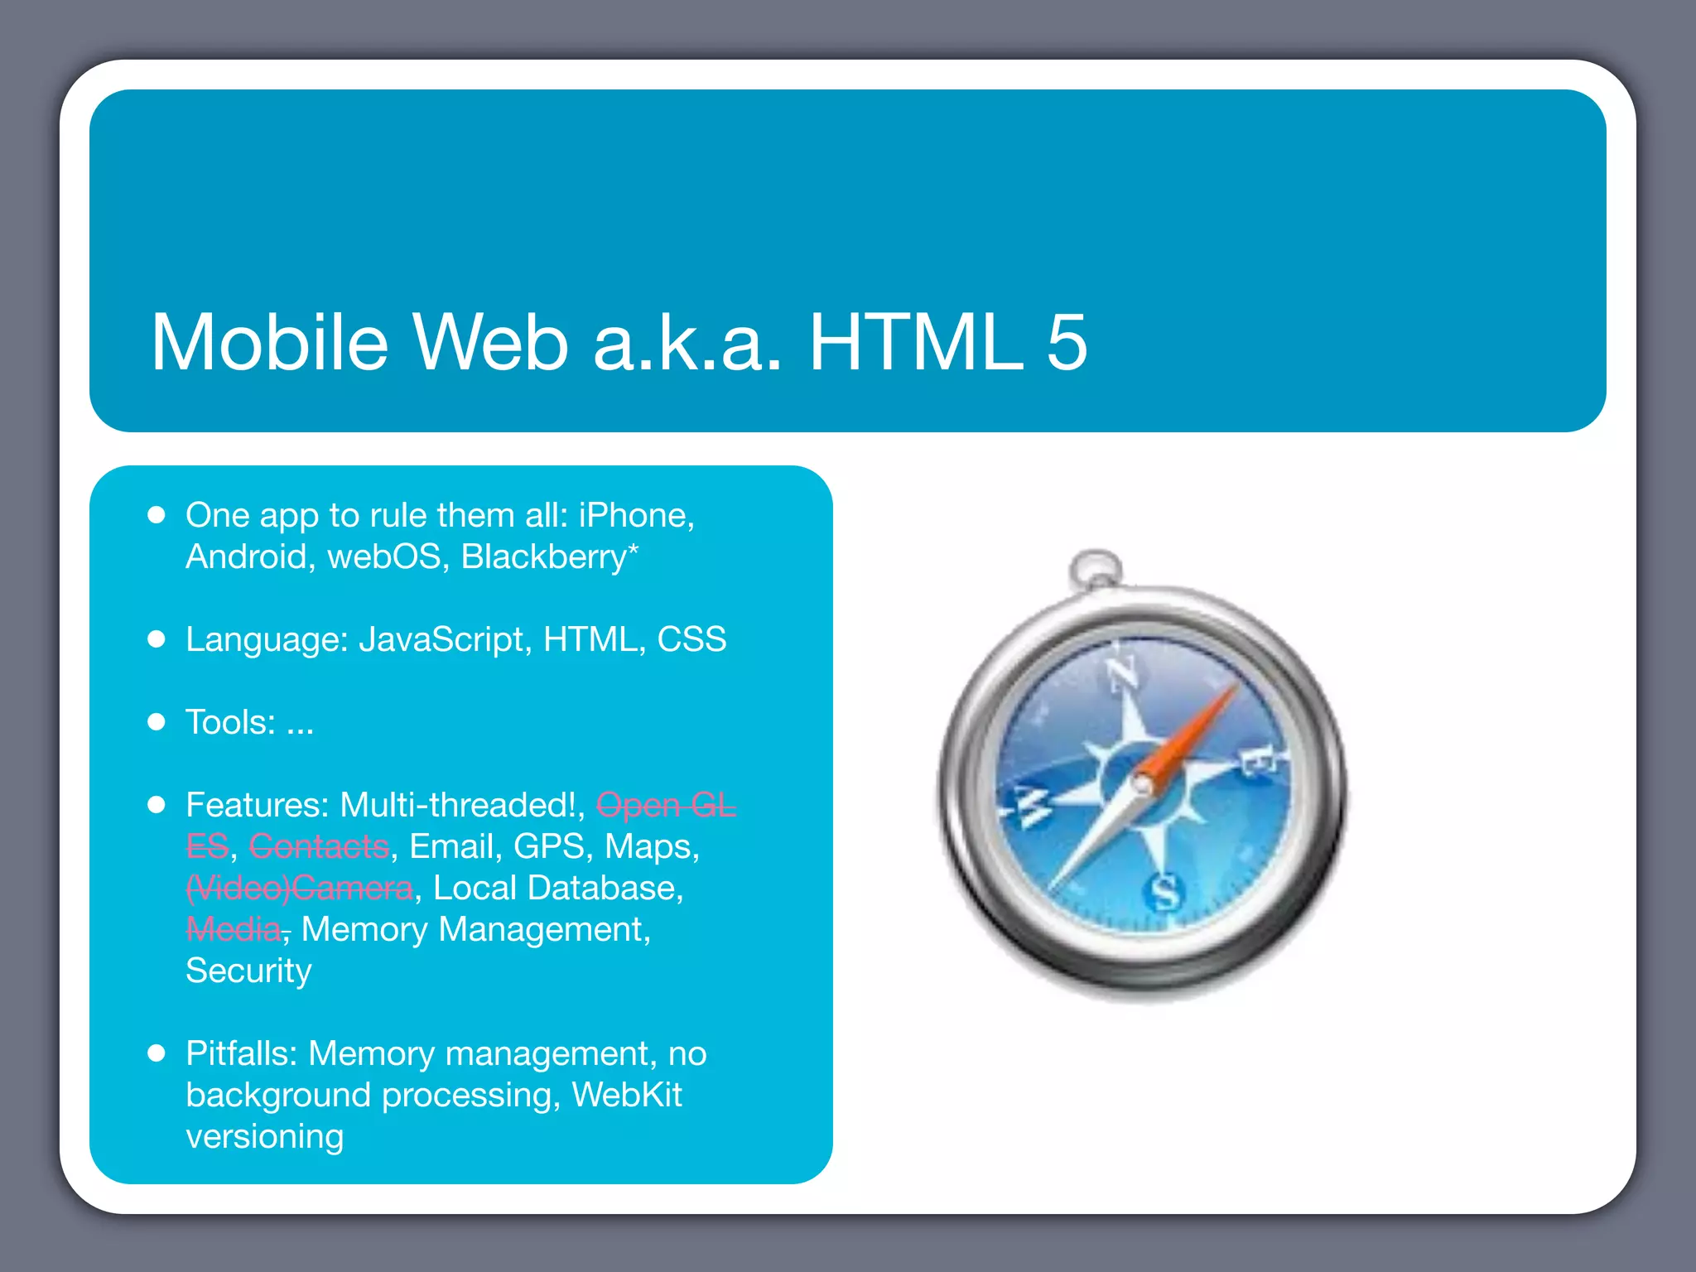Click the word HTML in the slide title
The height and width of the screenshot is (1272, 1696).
coord(916,343)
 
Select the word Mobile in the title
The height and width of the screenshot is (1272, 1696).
coord(269,343)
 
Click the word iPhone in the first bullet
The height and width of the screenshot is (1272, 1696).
coord(634,516)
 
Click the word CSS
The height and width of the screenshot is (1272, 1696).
coord(691,640)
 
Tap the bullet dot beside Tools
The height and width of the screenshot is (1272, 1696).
coord(157,722)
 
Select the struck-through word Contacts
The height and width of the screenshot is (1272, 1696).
coord(319,846)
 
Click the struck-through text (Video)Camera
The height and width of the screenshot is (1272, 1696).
coord(299,888)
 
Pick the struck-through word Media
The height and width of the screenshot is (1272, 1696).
coord(234,929)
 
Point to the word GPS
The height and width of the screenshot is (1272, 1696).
coord(549,846)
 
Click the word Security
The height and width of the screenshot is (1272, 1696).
coord(248,971)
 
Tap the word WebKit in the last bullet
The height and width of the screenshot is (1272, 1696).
coord(627,1095)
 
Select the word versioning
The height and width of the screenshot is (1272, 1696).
coord(264,1136)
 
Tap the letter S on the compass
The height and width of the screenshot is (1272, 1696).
coord(1164,893)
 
